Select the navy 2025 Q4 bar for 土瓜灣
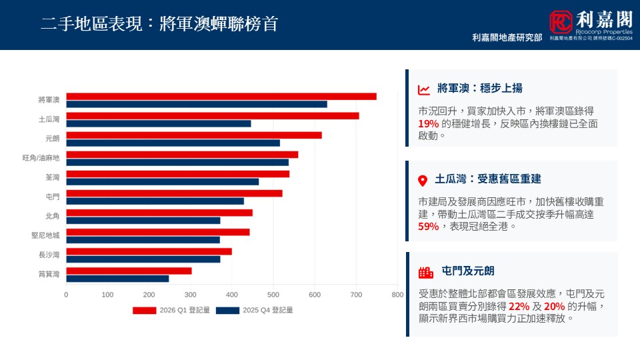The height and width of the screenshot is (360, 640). point(159,123)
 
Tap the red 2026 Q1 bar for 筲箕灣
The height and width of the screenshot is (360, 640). point(129,271)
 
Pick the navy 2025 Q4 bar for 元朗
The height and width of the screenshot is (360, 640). point(173,143)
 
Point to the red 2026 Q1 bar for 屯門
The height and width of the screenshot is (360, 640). point(174,193)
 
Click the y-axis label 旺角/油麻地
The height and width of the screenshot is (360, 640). point(41,158)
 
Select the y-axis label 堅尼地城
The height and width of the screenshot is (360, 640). point(45,235)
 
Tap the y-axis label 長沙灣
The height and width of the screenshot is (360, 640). point(49,255)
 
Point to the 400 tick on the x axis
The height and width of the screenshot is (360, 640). point(232,294)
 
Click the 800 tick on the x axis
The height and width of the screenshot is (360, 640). point(397,294)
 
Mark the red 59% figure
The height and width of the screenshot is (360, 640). point(428,227)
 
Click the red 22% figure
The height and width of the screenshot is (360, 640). point(519,306)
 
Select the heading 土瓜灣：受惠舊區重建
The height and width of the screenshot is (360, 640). point(487,179)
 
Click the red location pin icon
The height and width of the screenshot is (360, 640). point(422,181)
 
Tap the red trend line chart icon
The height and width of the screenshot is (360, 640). point(424,89)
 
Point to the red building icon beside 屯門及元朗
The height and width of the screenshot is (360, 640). point(425,272)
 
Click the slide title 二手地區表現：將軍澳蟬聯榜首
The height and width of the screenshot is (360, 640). point(159,24)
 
